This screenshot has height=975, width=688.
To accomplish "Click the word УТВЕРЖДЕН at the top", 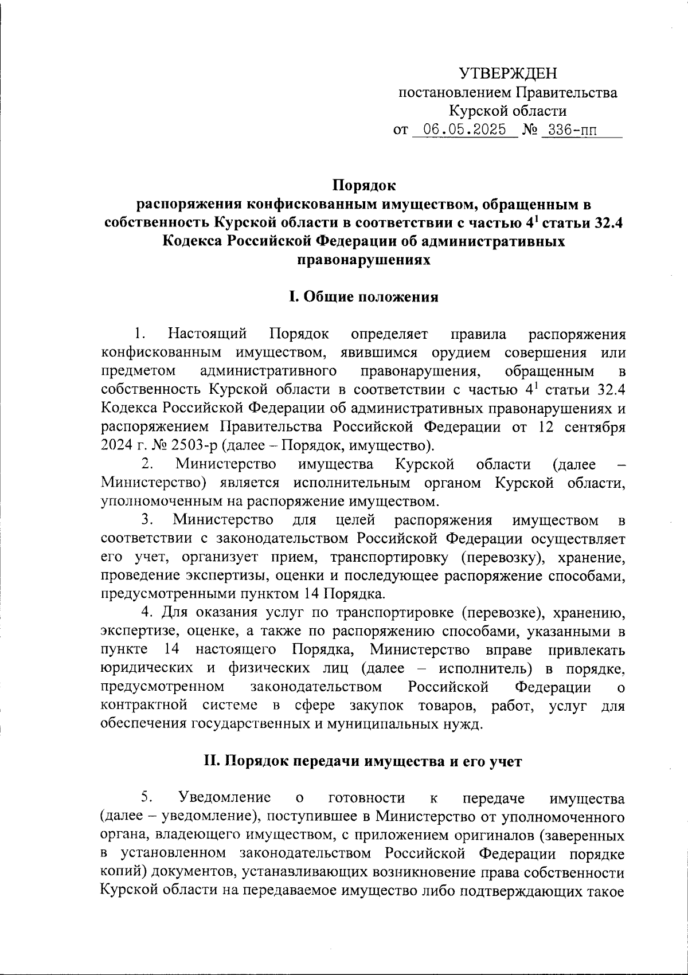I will (x=508, y=73).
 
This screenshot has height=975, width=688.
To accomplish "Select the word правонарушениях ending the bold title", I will (x=363, y=260).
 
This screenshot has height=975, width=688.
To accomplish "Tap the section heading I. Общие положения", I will (x=363, y=297).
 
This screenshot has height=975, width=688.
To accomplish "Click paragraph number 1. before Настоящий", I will (x=139, y=333).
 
